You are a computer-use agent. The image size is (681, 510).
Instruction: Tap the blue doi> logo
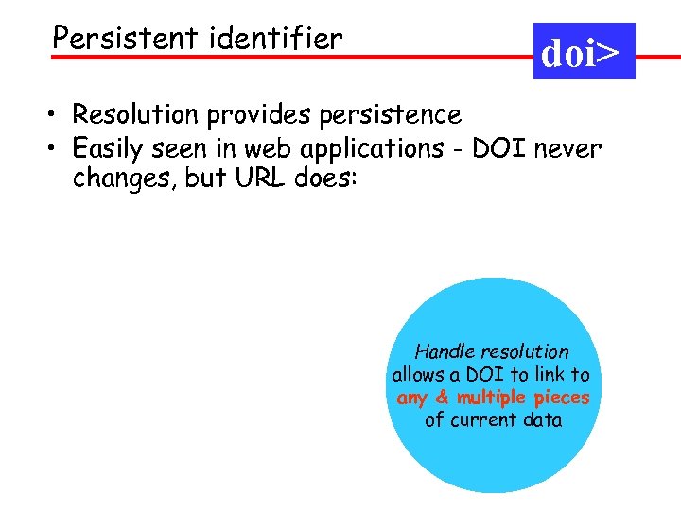584,52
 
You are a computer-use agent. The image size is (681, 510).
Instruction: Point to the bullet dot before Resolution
58,116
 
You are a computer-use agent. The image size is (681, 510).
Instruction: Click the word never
567,149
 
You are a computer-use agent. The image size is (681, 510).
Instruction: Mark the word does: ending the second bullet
322,178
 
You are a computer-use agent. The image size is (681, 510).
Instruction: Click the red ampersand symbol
442,398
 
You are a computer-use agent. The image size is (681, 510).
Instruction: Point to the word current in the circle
485,420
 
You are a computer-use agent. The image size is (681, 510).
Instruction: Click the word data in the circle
543,420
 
